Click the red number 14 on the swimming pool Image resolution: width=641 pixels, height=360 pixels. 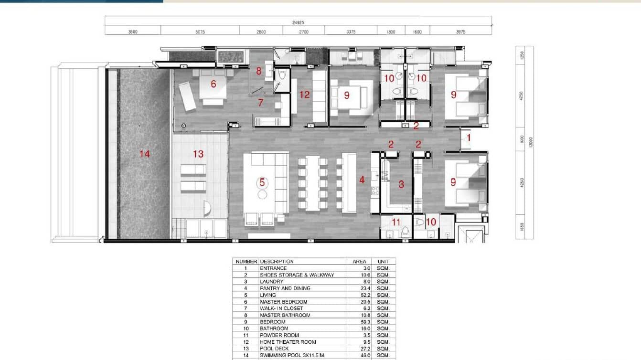coord(144,154)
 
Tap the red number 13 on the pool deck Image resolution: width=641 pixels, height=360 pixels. coord(198,154)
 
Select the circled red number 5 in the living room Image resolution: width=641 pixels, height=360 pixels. coord(262,182)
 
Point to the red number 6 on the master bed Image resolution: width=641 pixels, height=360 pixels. coord(213,84)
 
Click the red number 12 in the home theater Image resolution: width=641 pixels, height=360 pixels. coord(304,95)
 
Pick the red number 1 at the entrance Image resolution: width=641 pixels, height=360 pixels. coord(468,138)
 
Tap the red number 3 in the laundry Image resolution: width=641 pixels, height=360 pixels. coord(401,184)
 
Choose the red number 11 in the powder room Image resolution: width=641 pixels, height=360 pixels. coord(396,222)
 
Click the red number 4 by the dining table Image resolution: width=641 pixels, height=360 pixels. coord(362,180)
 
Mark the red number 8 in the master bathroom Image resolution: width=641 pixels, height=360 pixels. coord(258,71)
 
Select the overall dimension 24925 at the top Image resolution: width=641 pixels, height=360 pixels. coord(298,22)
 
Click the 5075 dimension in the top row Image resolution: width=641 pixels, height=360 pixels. coord(200,32)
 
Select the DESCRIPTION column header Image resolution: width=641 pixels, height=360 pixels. coord(277,262)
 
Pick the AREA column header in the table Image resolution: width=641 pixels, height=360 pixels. coord(359,262)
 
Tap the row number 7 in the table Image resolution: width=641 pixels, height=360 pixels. coord(246,308)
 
